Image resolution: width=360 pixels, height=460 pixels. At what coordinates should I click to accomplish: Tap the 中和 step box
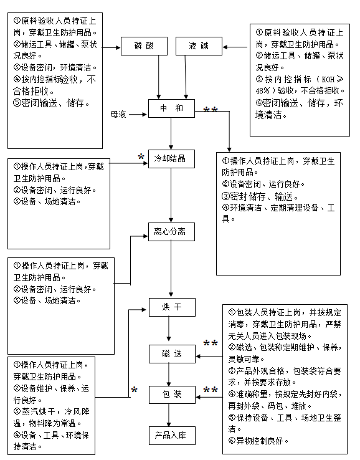(171, 108)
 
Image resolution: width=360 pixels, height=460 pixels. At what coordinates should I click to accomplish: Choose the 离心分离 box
(171, 232)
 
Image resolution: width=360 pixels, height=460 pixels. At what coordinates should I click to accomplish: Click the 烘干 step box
(171, 307)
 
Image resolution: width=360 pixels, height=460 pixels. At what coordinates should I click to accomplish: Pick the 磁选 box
(171, 354)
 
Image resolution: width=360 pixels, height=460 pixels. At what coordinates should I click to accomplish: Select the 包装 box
(171, 395)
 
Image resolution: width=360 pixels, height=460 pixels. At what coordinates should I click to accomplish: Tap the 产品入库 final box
(171, 435)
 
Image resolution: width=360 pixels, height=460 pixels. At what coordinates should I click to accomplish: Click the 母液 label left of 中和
(118, 114)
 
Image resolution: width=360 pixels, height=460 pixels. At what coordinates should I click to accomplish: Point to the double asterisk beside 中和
(211, 111)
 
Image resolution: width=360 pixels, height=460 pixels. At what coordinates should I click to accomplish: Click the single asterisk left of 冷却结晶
(141, 156)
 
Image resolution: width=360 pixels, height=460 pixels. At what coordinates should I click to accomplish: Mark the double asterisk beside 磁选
(211, 344)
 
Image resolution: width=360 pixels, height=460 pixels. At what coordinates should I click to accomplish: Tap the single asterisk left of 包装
(134, 390)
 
